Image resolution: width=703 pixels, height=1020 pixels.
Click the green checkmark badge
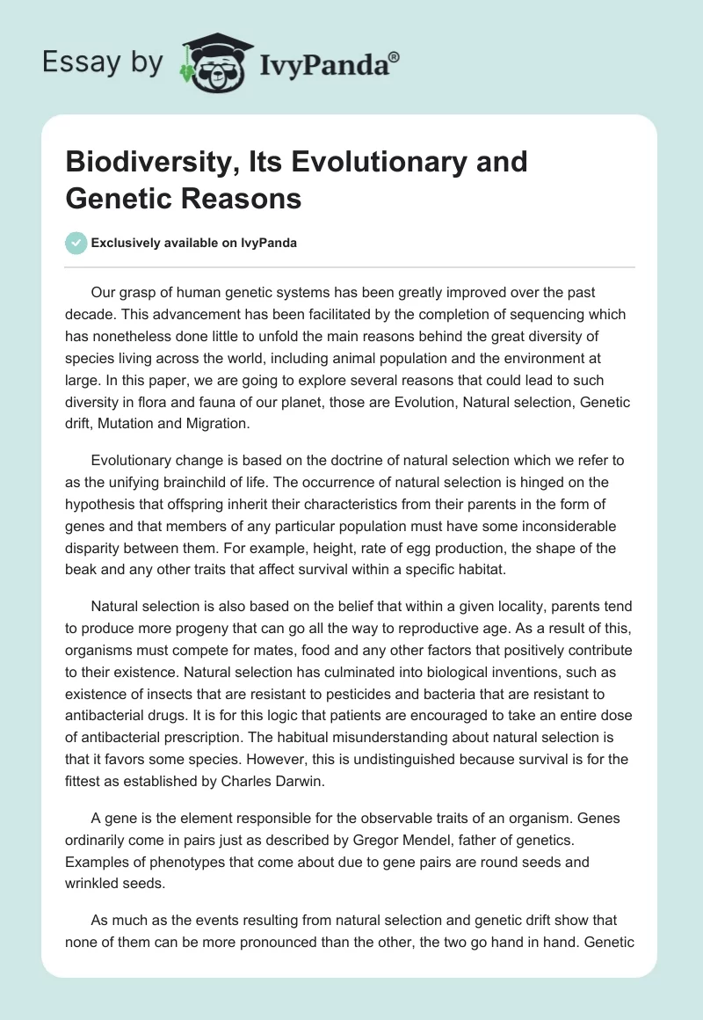tap(76, 244)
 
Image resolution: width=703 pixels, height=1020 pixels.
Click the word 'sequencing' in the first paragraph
tap(498, 315)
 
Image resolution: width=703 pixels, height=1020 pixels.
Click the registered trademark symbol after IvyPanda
tap(395, 55)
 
